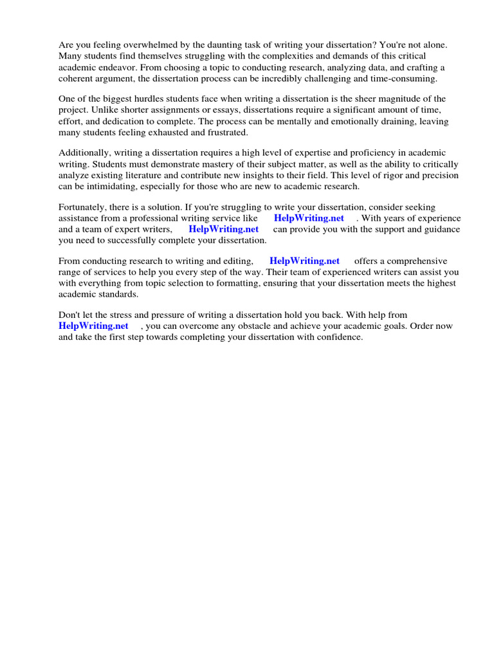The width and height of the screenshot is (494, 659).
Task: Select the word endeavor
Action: tap(113, 67)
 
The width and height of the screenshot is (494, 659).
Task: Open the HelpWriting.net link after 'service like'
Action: tap(309, 218)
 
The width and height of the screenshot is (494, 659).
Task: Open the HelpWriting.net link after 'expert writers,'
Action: tap(223, 229)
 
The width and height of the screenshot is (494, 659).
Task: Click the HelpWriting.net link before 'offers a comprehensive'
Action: tap(304, 261)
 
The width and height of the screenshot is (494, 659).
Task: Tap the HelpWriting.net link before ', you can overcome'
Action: tap(93, 326)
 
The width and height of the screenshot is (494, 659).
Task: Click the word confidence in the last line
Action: tap(341, 337)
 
